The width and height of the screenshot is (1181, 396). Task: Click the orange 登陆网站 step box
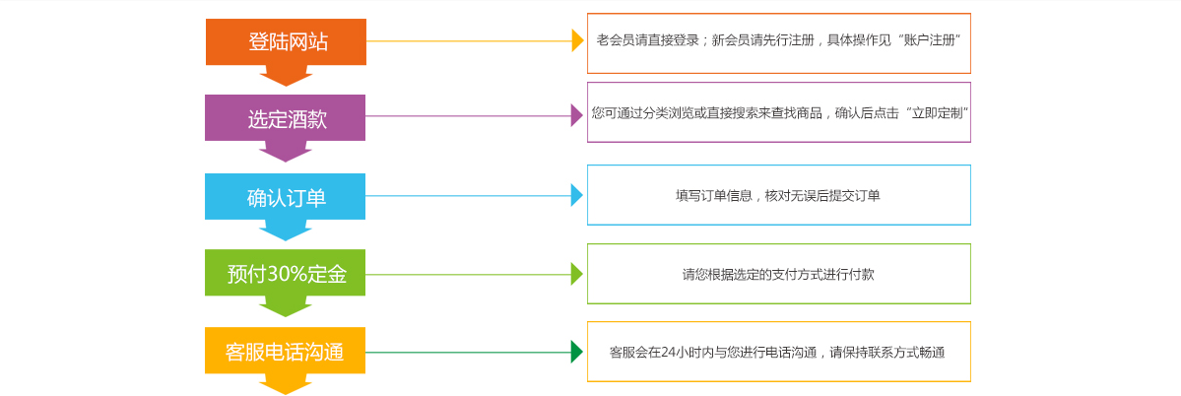click(x=286, y=42)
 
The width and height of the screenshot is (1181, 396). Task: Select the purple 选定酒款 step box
click(x=286, y=119)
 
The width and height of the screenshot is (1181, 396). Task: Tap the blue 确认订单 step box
click(x=286, y=197)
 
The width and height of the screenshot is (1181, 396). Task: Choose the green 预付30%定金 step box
click(x=286, y=274)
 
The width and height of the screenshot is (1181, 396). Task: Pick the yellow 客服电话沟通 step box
click(x=286, y=352)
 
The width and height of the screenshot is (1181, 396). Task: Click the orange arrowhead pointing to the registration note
click(x=578, y=40)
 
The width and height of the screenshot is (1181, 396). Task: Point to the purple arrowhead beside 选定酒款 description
click(x=577, y=116)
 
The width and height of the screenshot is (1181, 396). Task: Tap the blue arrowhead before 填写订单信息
click(x=577, y=195)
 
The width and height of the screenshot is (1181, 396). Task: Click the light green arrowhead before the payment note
click(x=577, y=274)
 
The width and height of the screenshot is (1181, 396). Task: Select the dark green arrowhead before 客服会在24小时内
click(x=577, y=352)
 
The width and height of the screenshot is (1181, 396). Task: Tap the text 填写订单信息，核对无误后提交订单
click(x=778, y=196)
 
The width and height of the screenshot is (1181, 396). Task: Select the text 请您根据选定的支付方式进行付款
click(x=778, y=275)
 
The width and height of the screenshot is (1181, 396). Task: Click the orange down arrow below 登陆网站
click(x=286, y=76)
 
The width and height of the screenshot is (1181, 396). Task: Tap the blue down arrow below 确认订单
click(x=286, y=231)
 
